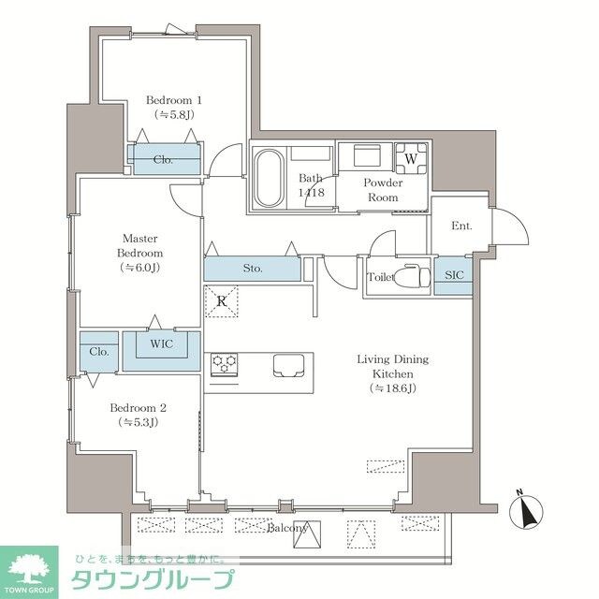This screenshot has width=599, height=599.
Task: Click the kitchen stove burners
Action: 224,364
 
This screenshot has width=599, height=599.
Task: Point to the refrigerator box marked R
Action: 222,301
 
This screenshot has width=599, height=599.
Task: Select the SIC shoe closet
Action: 453,275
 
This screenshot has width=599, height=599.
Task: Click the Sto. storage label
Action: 252,269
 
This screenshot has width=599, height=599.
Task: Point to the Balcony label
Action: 287,529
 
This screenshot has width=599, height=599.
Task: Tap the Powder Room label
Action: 383,191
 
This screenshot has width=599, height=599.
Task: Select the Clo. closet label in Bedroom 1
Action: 164,159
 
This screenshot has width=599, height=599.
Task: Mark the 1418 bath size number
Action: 312,193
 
